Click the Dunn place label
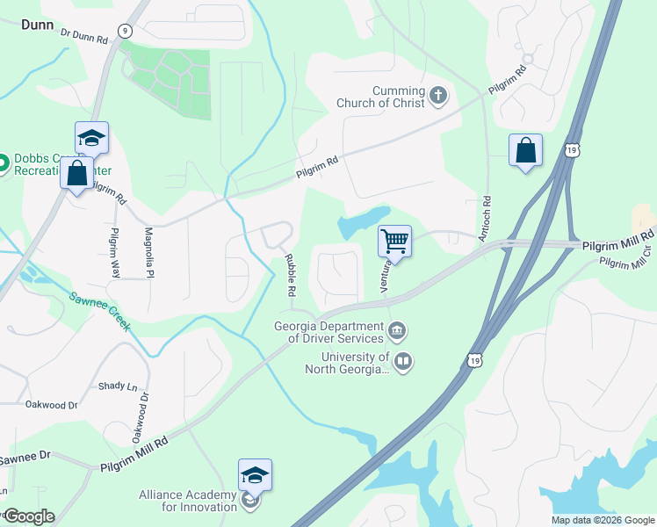point(39,25)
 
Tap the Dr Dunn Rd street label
point(84,36)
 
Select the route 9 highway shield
point(126,31)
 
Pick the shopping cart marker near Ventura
point(395,240)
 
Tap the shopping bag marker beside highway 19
point(525,150)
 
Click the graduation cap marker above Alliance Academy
point(255,475)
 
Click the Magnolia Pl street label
point(148,251)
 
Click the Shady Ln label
point(119,386)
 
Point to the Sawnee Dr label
point(25,458)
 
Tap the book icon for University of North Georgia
point(403,361)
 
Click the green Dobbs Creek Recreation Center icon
point(3,162)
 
